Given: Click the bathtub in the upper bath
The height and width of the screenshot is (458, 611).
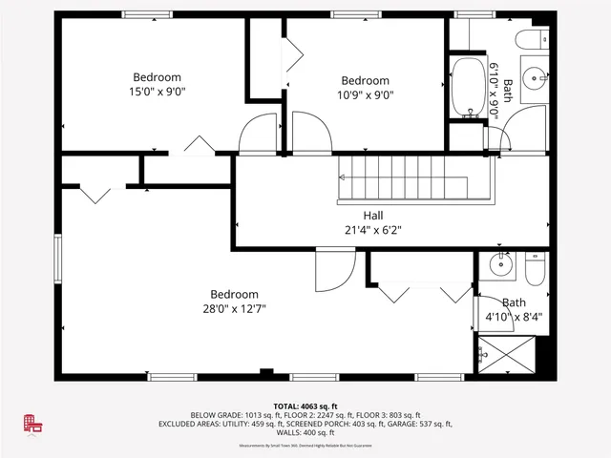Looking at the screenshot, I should tap(468, 88).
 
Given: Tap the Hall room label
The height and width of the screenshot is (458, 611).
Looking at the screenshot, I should tap(374, 216).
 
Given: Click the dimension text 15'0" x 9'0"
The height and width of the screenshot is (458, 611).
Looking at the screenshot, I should tap(157, 93).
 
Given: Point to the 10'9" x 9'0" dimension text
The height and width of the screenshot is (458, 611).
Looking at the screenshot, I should tap(365, 94).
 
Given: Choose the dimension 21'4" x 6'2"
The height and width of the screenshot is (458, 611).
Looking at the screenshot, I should tap(374, 229).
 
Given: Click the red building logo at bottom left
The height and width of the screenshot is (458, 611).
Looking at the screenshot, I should tap(34, 425).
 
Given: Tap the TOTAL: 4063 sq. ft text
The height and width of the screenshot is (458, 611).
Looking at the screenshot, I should tap(305, 405).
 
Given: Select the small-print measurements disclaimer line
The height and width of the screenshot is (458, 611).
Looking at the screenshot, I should tap(305, 446).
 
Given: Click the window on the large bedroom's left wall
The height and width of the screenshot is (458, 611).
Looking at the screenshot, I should tap(57, 259).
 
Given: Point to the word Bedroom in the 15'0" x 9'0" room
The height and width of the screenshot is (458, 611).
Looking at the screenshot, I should tap(157, 77).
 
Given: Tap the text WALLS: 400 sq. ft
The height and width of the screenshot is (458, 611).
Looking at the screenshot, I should tap(305, 432).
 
